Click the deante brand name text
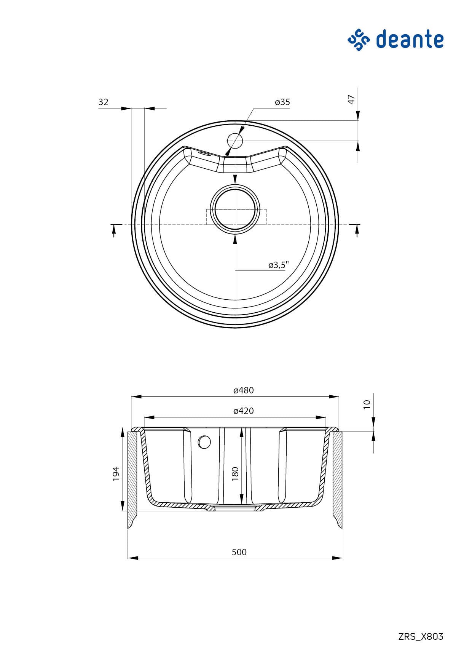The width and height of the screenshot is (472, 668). [410, 40]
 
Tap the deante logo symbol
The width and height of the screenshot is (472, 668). [359, 40]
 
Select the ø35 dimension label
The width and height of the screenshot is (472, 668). [282, 102]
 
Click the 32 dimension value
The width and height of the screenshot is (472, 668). [104, 102]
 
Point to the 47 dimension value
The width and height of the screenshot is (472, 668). [352, 99]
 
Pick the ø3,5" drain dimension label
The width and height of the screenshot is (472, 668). [279, 265]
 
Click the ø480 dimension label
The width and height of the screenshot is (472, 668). [244, 390]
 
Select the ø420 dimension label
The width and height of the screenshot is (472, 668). [244, 411]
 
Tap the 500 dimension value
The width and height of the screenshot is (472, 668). [239, 552]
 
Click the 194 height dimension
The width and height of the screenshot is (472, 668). [116, 473]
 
